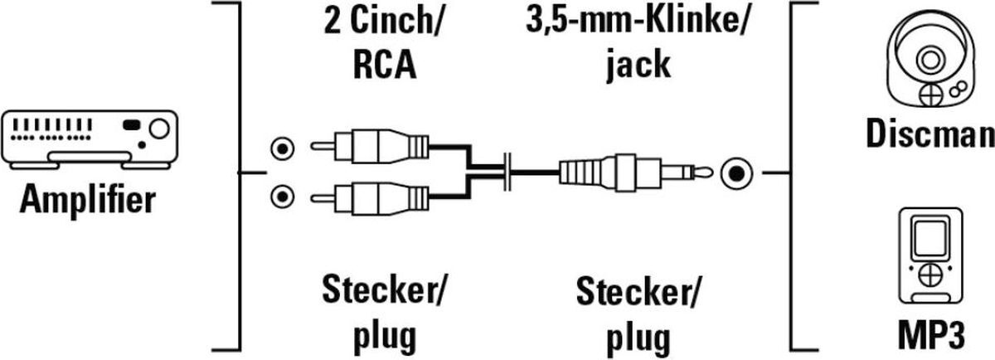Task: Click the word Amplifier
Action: tap(87, 200)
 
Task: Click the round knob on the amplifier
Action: tap(158, 128)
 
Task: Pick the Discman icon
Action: tap(926, 61)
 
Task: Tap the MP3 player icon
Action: tap(928, 260)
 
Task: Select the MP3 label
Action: tap(929, 337)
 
